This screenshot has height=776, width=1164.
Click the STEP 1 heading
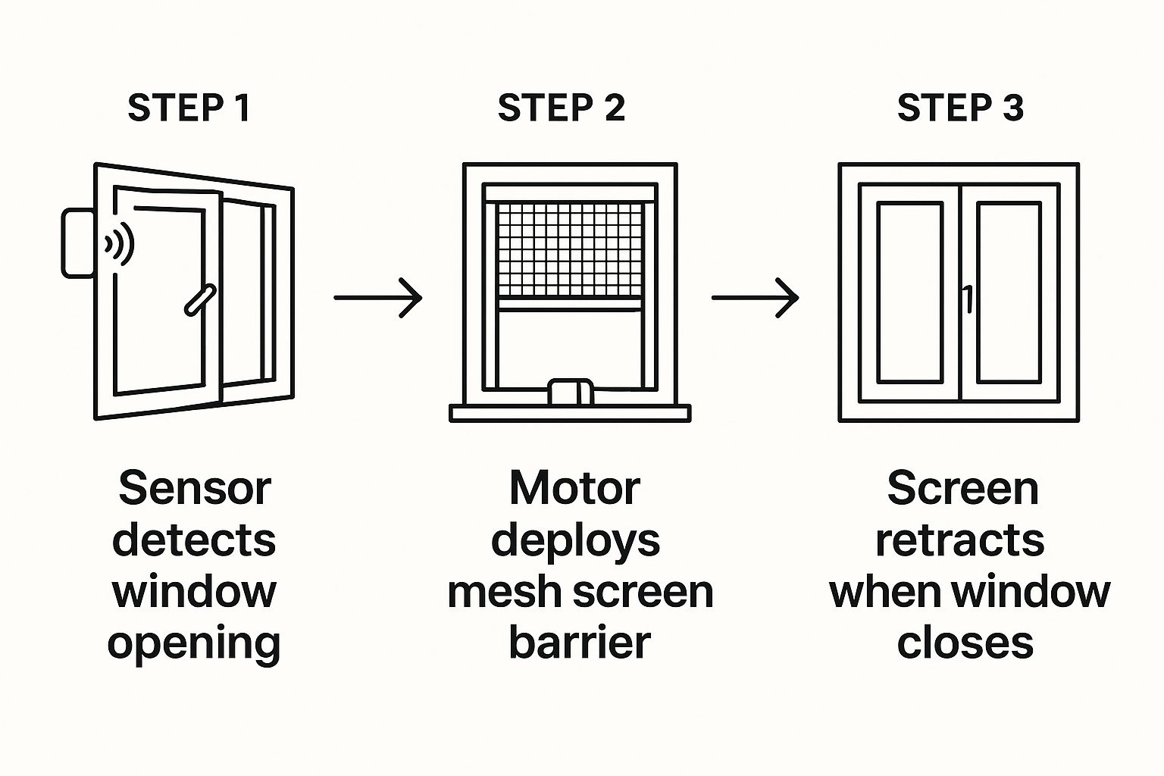point(189,108)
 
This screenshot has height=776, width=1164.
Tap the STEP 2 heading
point(561,108)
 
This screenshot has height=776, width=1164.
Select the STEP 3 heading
point(960,108)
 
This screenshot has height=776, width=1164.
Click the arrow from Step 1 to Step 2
point(377,298)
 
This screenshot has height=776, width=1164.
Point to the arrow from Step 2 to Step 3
point(755,298)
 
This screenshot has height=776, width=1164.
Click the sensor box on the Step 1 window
point(77,243)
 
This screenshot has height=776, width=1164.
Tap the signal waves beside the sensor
point(120,244)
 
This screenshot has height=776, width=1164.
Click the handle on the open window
point(200,299)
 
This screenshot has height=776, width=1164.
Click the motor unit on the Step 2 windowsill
point(571,392)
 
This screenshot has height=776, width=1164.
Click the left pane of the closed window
point(909,293)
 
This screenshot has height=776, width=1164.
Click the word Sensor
point(194,489)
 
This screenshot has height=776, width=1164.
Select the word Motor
point(574,489)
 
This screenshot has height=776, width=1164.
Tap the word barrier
point(579,643)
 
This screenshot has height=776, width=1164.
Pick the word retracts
point(959,541)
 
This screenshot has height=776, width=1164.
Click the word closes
point(965,643)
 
